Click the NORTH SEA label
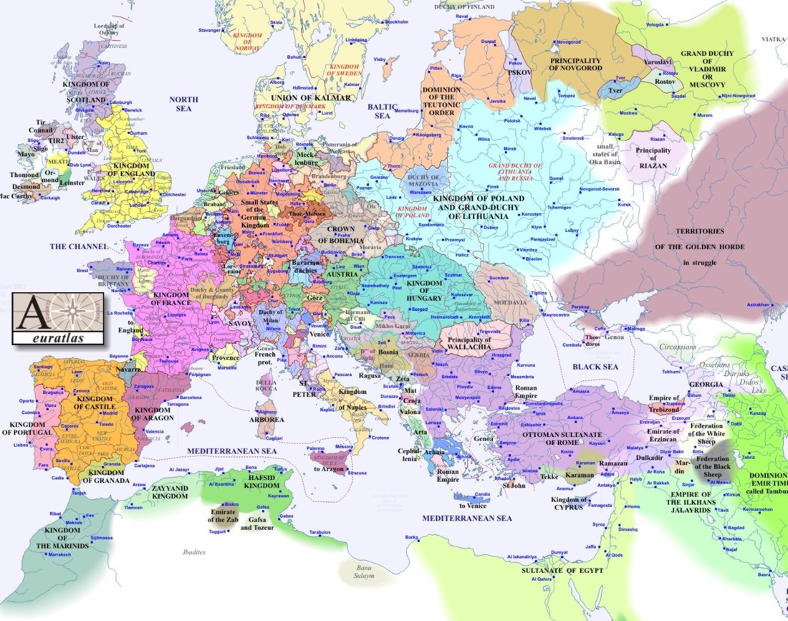pyautogui.click(x=183, y=104)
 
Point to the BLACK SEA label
pyautogui.click(x=595, y=366)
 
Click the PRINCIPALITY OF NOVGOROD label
pyautogui.click(x=576, y=62)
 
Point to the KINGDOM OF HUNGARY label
pyautogui.click(x=424, y=289)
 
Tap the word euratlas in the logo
pyautogui.click(x=58, y=335)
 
